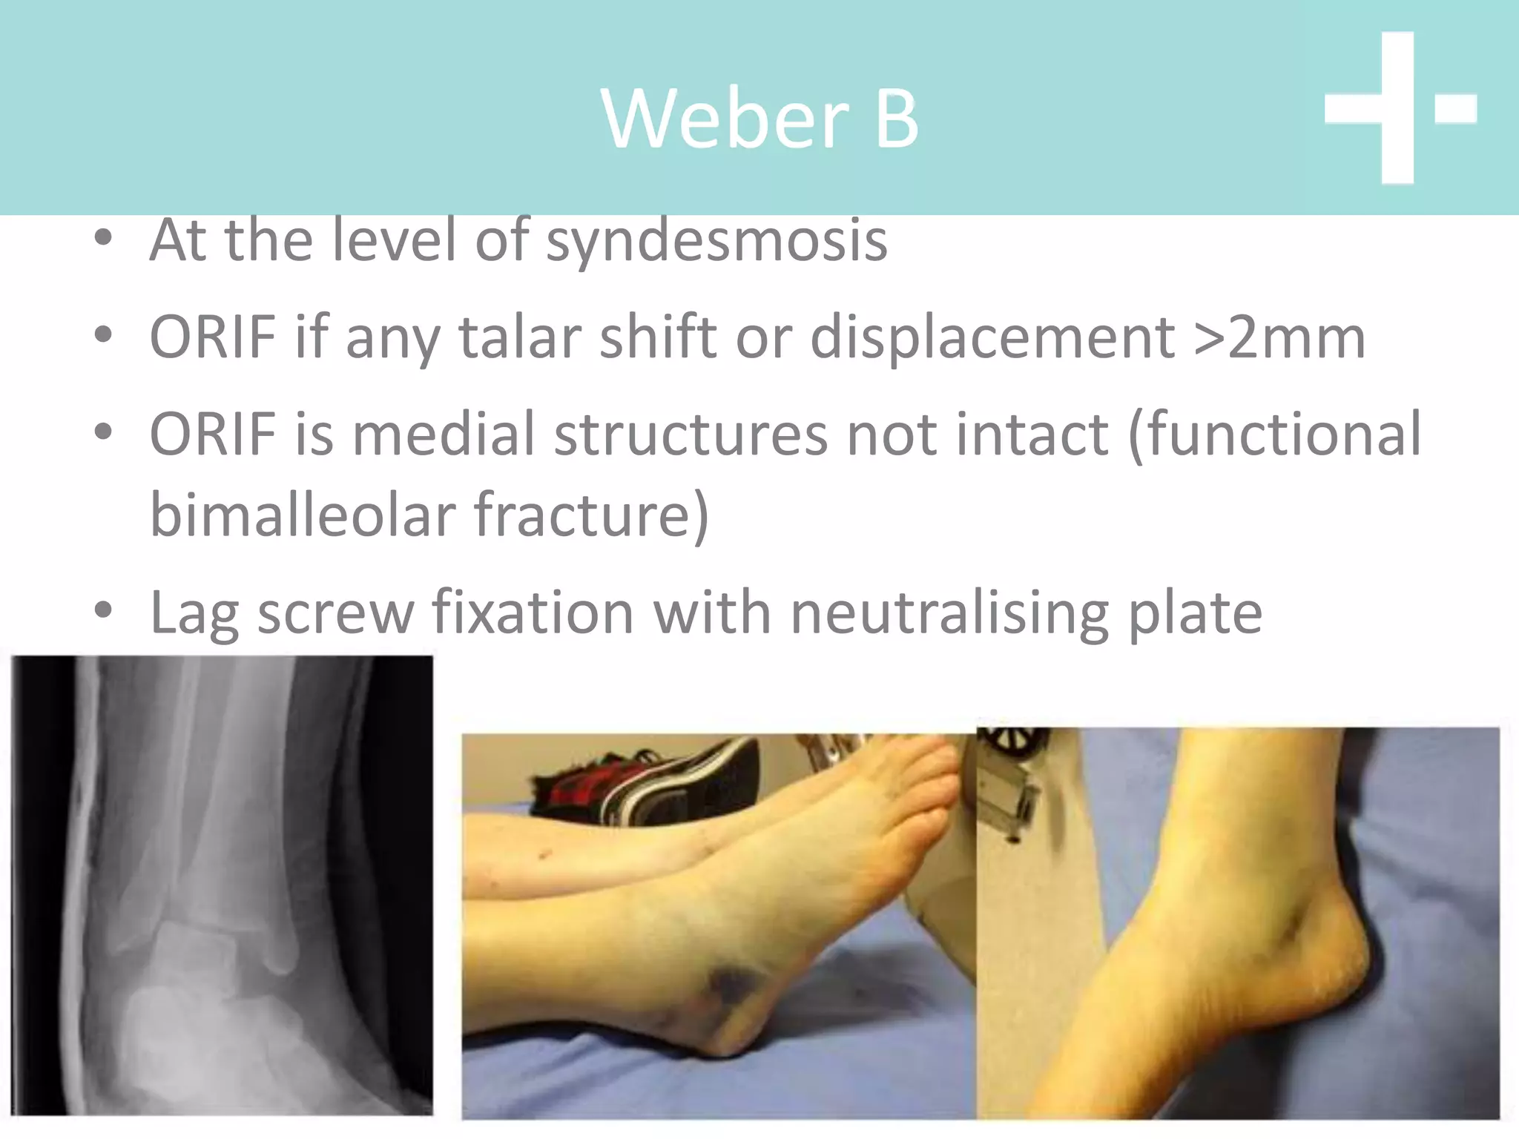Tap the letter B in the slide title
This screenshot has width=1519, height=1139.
pyautogui.click(x=897, y=119)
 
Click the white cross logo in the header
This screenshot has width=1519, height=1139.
pyautogui.click(x=1399, y=108)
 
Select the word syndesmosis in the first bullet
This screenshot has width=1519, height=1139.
pyautogui.click(x=716, y=241)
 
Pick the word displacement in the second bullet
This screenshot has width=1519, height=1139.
pyautogui.click(x=992, y=337)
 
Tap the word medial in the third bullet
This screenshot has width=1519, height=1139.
pyautogui.click(x=443, y=434)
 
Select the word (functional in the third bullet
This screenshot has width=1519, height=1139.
pyautogui.click(x=1273, y=434)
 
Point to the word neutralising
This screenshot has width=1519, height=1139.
pyautogui.click(x=949, y=613)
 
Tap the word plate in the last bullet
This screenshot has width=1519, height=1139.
pyautogui.click(x=1194, y=613)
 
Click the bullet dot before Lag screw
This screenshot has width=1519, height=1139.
pyautogui.click(x=103, y=611)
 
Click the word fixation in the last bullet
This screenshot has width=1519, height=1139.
pyautogui.click(x=533, y=613)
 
